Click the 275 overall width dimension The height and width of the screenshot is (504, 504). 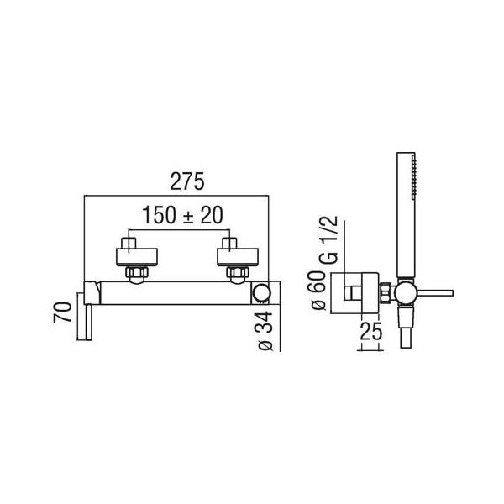click(x=187, y=181)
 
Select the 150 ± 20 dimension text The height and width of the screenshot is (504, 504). click(x=182, y=215)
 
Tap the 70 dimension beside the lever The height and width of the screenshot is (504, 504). click(x=63, y=312)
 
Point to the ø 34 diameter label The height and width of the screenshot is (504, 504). click(x=265, y=331)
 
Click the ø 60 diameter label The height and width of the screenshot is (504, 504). click(x=319, y=290)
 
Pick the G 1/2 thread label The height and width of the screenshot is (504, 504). click(x=328, y=240)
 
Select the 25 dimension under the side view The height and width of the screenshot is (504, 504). click(x=371, y=331)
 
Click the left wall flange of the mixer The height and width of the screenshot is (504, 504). click(x=136, y=257)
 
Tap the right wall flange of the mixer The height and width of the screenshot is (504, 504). click(x=238, y=257)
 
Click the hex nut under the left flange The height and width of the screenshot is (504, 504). click(x=137, y=272)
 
